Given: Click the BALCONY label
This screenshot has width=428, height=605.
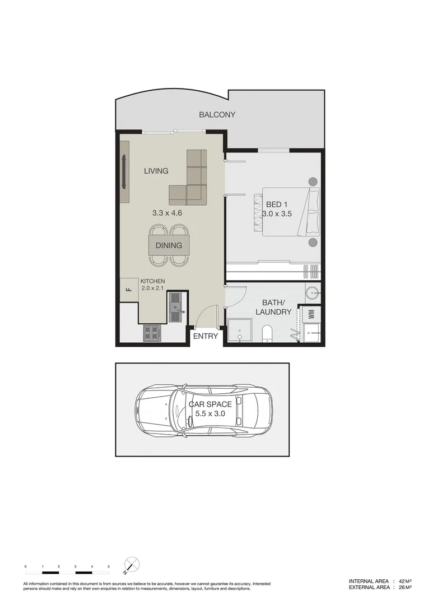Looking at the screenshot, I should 217,115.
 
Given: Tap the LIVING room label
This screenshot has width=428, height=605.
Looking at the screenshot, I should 156,171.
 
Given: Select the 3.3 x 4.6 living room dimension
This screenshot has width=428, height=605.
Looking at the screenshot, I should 168,213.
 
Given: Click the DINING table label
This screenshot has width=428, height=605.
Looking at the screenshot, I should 169,245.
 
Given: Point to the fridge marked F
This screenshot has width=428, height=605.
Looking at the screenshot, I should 128,290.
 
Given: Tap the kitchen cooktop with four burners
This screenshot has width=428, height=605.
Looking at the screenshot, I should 151,334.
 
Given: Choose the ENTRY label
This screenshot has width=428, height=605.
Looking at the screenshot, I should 205,336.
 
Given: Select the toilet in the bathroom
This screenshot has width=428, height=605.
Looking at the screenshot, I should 267,333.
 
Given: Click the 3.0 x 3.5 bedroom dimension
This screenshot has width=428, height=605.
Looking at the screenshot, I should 277,213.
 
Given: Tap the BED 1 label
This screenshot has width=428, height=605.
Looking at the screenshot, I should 277,204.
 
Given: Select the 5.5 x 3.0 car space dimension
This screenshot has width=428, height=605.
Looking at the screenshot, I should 210,413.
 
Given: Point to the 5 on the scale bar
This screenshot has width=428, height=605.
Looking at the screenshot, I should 109,567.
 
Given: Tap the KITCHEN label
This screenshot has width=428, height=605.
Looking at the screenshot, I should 152,281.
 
